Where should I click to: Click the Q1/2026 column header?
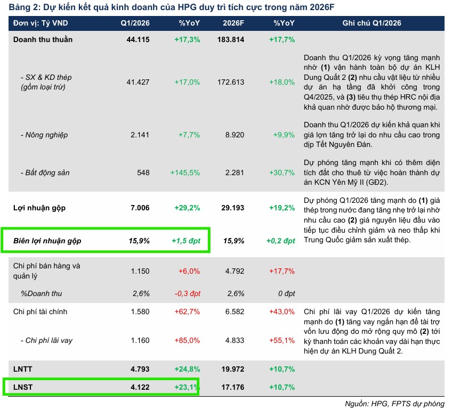click(x=135, y=23)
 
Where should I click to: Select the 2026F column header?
click(x=233, y=23)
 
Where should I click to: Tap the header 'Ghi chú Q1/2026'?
click(x=372, y=23)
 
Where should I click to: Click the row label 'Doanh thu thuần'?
click(x=43, y=40)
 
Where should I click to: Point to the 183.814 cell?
click(x=231, y=40)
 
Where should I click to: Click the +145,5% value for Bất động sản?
click(x=185, y=173)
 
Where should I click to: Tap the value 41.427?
click(x=139, y=83)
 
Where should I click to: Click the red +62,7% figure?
click(x=187, y=311)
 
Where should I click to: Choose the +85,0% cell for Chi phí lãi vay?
click(x=187, y=340)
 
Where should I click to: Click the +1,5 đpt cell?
click(x=185, y=241)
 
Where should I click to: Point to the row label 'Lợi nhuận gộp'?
click(x=40, y=208)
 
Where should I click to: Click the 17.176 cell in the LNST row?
click(x=233, y=387)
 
